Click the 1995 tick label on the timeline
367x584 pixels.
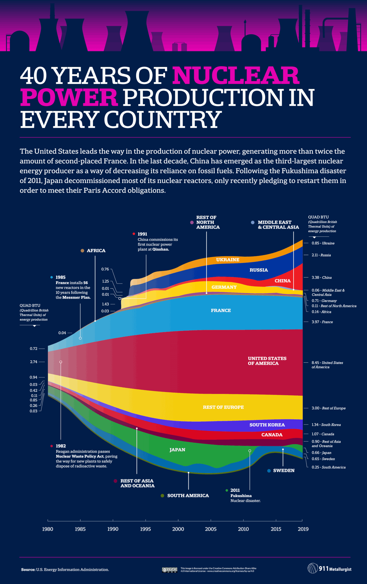[145, 529]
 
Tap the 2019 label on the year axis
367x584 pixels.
[303, 529]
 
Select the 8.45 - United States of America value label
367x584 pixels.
[327, 365]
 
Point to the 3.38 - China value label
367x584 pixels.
[321, 277]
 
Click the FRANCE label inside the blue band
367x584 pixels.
[221, 310]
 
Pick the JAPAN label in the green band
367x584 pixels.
[177, 450]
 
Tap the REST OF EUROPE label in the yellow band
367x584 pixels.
[223, 407]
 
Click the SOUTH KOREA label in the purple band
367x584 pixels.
[267, 425]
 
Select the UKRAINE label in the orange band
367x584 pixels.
[228, 260]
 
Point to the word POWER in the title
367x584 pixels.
[69, 97]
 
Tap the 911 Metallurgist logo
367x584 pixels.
[329, 568]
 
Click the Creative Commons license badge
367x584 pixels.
[170, 570]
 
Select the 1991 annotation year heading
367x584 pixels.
[142, 234]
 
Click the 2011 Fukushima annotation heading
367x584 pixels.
[235, 490]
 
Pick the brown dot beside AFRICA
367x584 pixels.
[82, 251]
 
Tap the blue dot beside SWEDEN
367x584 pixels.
[269, 471]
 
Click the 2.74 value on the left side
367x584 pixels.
[34, 362]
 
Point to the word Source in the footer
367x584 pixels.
[28, 570]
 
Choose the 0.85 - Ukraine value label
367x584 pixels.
[323, 243]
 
